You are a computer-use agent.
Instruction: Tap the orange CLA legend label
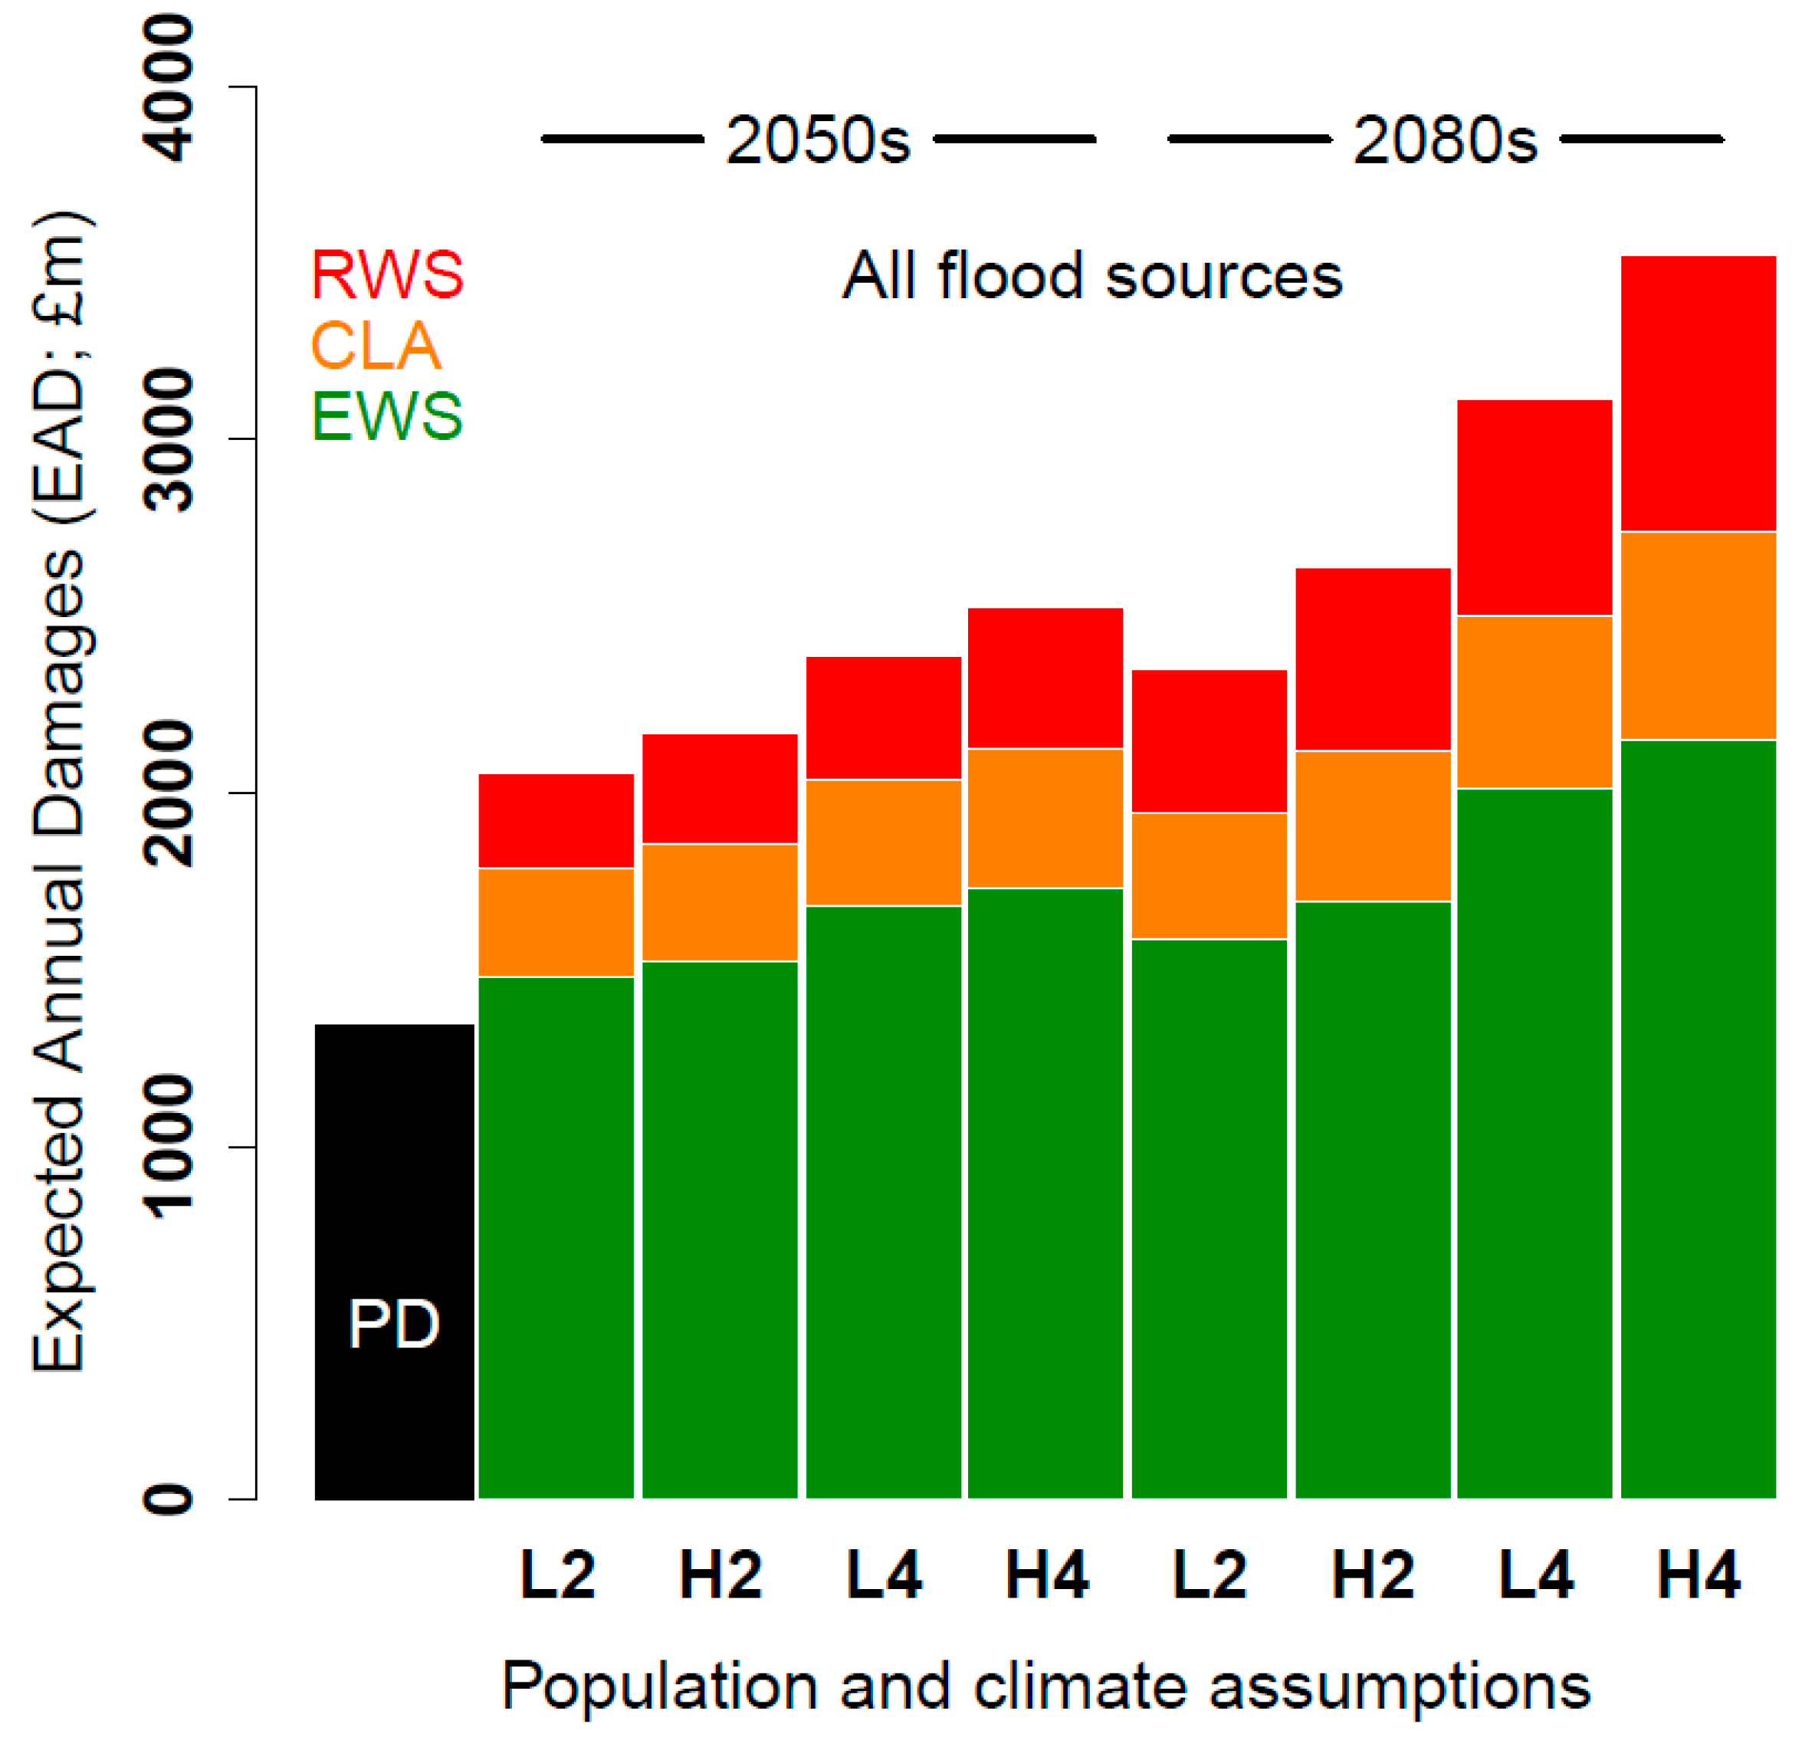[376, 346]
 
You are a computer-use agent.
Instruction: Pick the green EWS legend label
[387, 415]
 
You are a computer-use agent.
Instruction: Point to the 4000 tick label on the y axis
[170, 88]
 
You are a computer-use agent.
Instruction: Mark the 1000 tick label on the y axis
[170, 1147]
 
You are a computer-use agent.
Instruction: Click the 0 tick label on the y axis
[170, 1500]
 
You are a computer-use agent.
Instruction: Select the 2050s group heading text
[817, 141]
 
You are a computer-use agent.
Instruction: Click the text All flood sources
[1092, 275]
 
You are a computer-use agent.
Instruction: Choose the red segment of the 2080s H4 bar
[1697, 393]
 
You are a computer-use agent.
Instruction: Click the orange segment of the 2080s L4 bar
[1534, 701]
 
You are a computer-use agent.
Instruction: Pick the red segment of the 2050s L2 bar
[556, 820]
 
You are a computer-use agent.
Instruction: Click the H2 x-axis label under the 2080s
[1372, 1575]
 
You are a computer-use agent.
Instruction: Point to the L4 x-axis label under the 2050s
[884, 1575]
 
